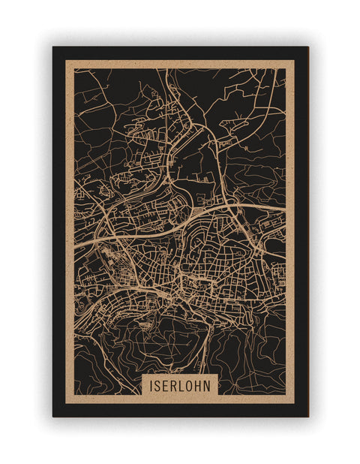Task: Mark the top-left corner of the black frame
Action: pos(53,47)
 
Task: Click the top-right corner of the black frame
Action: pos(307,47)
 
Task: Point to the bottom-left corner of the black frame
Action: pos(53,416)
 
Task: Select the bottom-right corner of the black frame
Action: pos(307,416)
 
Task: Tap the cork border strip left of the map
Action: pos(70,225)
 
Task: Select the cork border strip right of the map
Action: pos(289,225)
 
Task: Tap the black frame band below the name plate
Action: pos(180,410)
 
